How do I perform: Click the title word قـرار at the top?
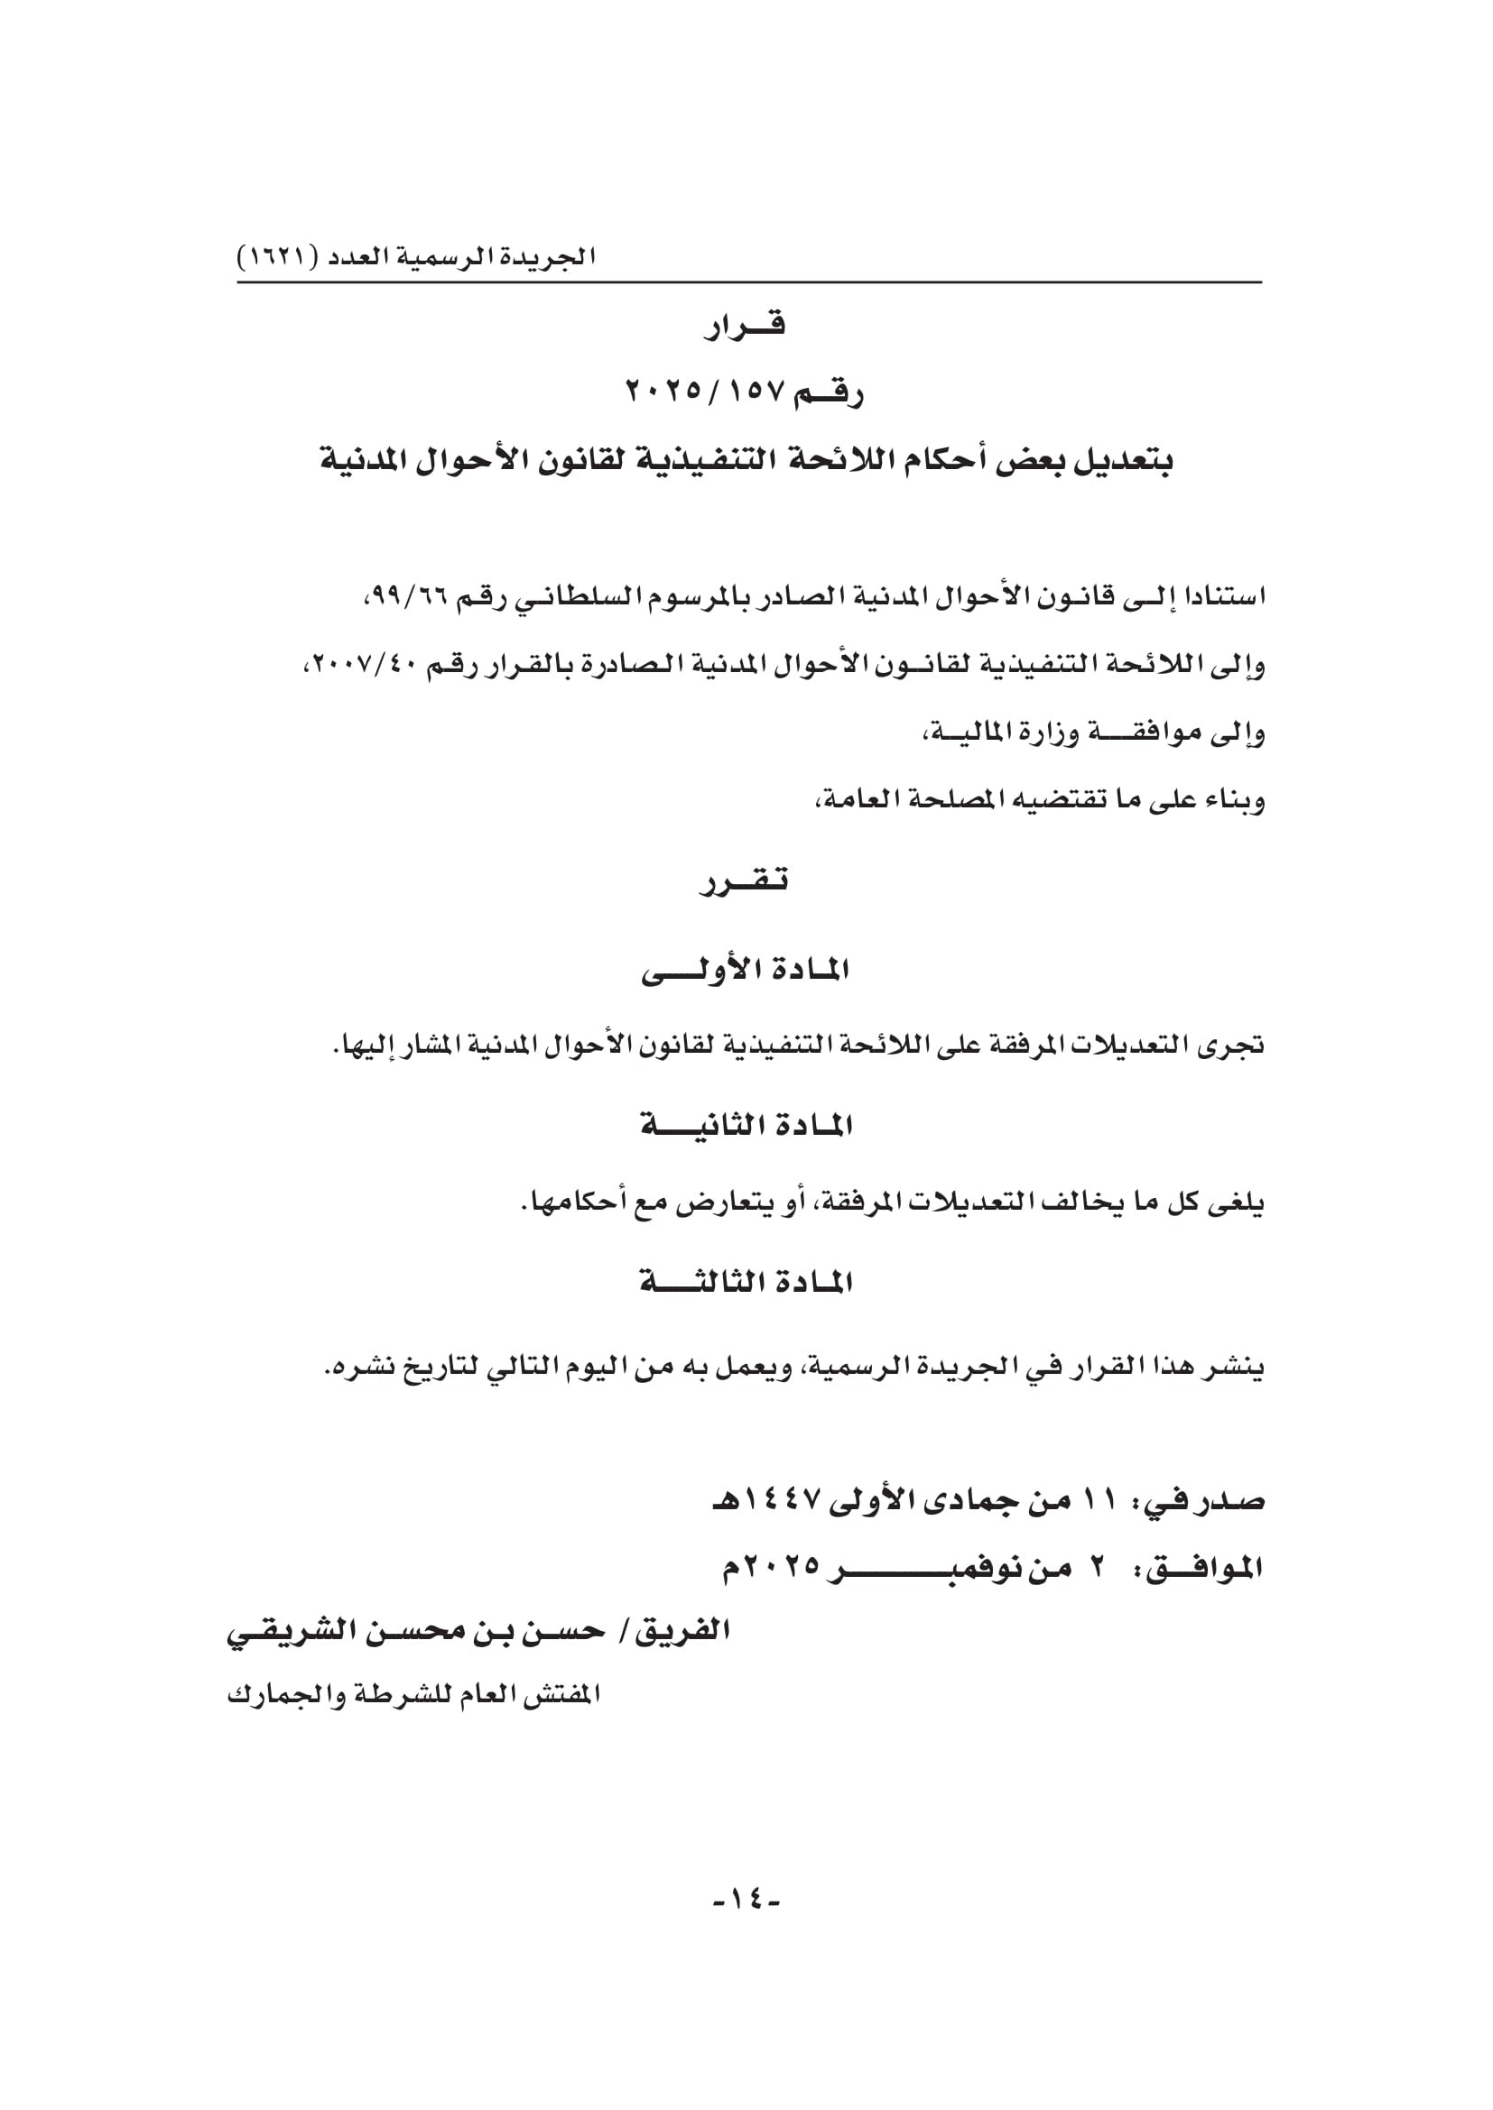click(x=745, y=327)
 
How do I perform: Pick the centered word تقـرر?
click(x=745, y=882)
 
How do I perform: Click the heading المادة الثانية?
click(x=746, y=1126)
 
